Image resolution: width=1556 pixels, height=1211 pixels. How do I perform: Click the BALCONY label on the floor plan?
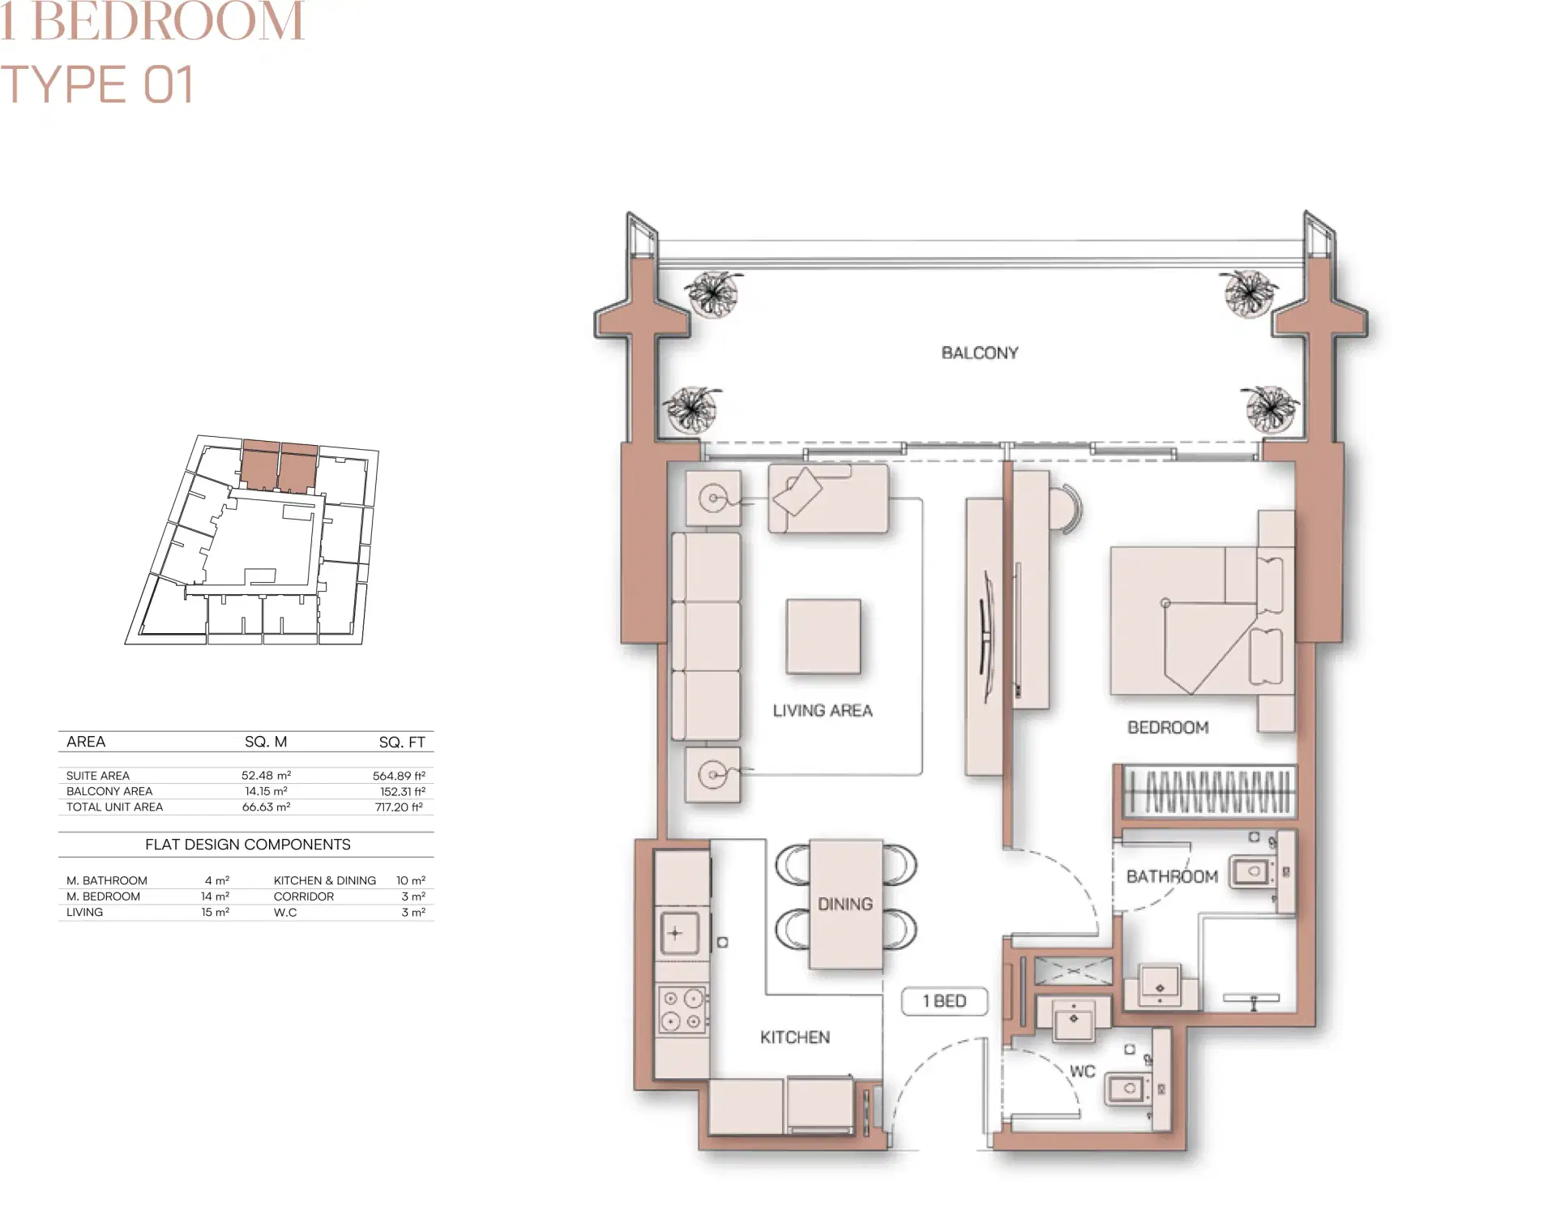click(979, 353)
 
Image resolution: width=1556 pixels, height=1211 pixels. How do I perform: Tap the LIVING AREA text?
click(822, 711)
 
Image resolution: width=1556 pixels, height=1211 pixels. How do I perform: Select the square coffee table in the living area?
click(823, 636)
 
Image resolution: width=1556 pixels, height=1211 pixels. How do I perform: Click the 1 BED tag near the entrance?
click(944, 1001)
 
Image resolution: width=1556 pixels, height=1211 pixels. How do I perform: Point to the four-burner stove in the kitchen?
click(682, 1010)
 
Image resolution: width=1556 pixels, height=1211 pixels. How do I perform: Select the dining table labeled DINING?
click(845, 904)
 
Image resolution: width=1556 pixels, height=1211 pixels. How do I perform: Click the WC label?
click(1082, 1072)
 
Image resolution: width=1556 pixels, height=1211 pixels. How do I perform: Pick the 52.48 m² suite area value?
click(266, 776)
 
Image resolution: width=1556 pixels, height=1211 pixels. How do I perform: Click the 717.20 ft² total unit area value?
click(399, 807)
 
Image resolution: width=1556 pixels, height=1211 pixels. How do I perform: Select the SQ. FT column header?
click(401, 742)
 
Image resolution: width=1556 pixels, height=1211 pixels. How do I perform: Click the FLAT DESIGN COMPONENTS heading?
click(247, 845)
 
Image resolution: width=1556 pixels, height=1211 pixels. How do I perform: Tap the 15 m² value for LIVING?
click(215, 912)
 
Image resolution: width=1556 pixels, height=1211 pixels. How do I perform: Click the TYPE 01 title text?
click(97, 84)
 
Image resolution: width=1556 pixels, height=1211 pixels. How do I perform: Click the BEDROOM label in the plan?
click(1168, 728)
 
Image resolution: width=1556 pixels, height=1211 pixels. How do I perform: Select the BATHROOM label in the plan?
click(1172, 876)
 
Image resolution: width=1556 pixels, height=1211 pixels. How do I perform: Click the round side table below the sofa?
click(712, 775)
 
